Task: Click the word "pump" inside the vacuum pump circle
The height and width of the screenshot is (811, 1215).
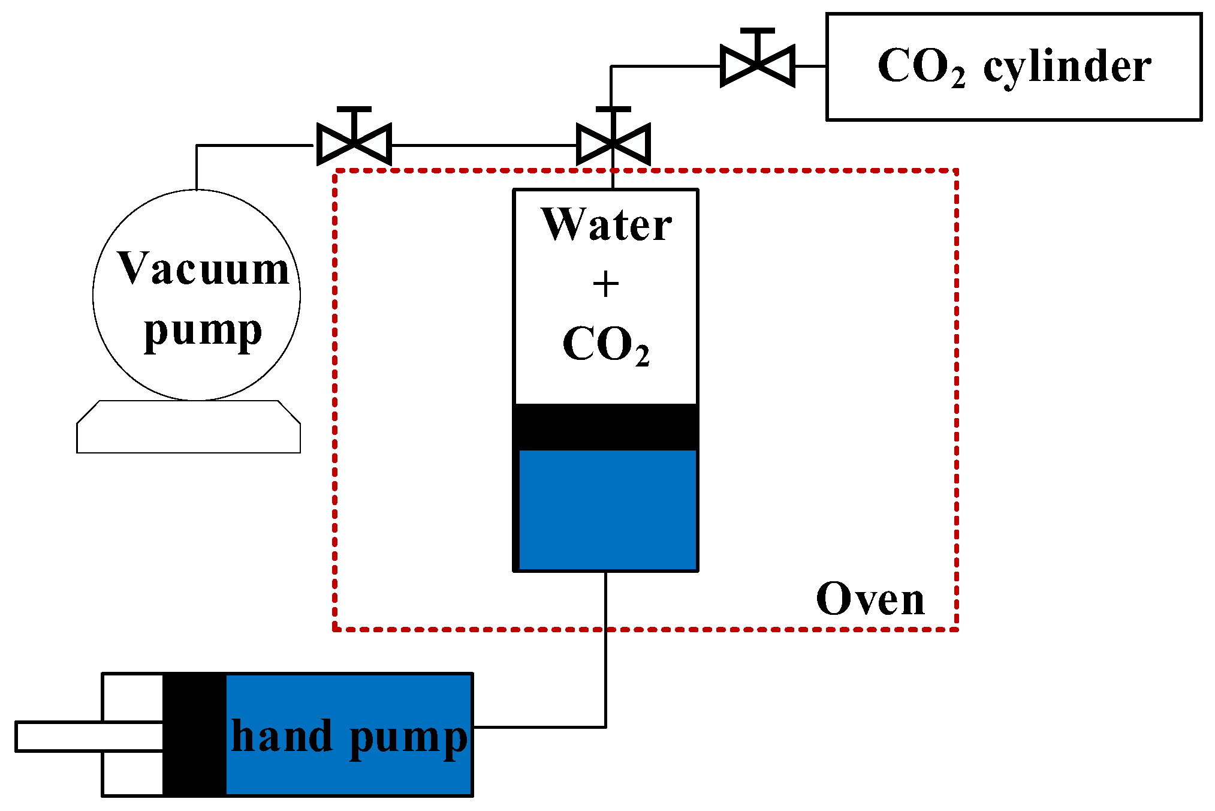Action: tap(203, 332)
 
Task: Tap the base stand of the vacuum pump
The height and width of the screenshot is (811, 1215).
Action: tap(188, 426)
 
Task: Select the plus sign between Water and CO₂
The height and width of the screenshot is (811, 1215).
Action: tap(605, 284)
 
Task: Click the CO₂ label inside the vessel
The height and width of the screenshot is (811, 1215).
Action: tap(606, 345)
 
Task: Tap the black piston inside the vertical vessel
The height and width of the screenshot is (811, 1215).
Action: tap(606, 427)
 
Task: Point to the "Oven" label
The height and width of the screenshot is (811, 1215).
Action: tap(870, 599)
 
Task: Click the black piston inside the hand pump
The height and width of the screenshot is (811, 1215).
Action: tap(195, 735)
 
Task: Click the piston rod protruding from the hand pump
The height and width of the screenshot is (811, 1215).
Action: tap(89, 737)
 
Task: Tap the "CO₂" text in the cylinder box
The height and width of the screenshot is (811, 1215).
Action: tap(921, 67)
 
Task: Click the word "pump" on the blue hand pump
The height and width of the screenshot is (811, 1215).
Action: tap(409, 740)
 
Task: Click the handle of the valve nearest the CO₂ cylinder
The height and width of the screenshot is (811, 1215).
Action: tap(758, 31)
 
